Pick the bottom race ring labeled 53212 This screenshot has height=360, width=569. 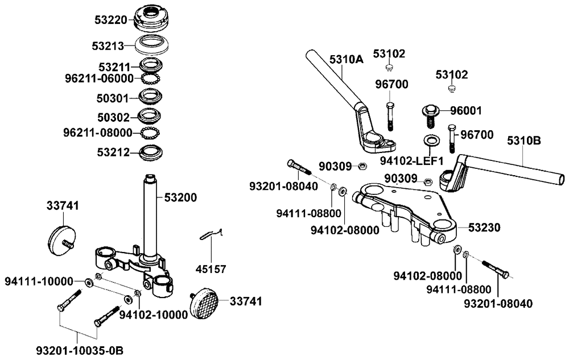point(151,152)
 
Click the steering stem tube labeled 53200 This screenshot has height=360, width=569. point(150,216)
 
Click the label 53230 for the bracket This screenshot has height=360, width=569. point(484,227)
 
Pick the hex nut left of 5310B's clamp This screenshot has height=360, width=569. point(429,183)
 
